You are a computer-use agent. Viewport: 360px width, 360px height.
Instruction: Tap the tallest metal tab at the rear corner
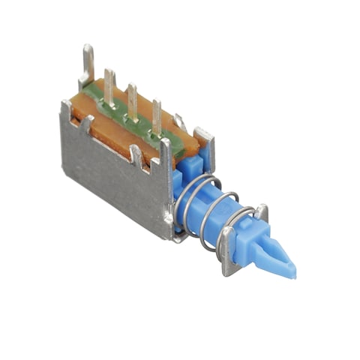88,63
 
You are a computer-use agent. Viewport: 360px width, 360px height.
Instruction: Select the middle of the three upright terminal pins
132,101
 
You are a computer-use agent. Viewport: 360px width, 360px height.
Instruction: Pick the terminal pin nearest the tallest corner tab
109,87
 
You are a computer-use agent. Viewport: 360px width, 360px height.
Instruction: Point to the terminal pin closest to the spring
156,116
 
